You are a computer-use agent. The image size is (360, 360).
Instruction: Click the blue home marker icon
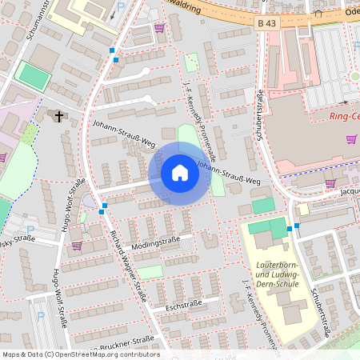(x=179, y=173)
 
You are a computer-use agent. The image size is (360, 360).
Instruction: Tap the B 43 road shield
(x=268, y=25)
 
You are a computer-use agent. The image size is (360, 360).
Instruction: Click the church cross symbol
(x=58, y=117)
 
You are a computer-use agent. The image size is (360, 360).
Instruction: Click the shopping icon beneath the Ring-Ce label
(x=351, y=139)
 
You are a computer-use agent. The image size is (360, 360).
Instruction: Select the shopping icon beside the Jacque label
(x=330, y=183)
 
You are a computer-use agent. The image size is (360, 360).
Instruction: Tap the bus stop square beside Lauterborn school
(x=297, y=226)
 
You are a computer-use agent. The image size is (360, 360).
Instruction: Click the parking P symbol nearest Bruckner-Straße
(x=41, y=317)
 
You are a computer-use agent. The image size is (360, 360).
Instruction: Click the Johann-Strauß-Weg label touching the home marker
(x=230, y=175)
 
